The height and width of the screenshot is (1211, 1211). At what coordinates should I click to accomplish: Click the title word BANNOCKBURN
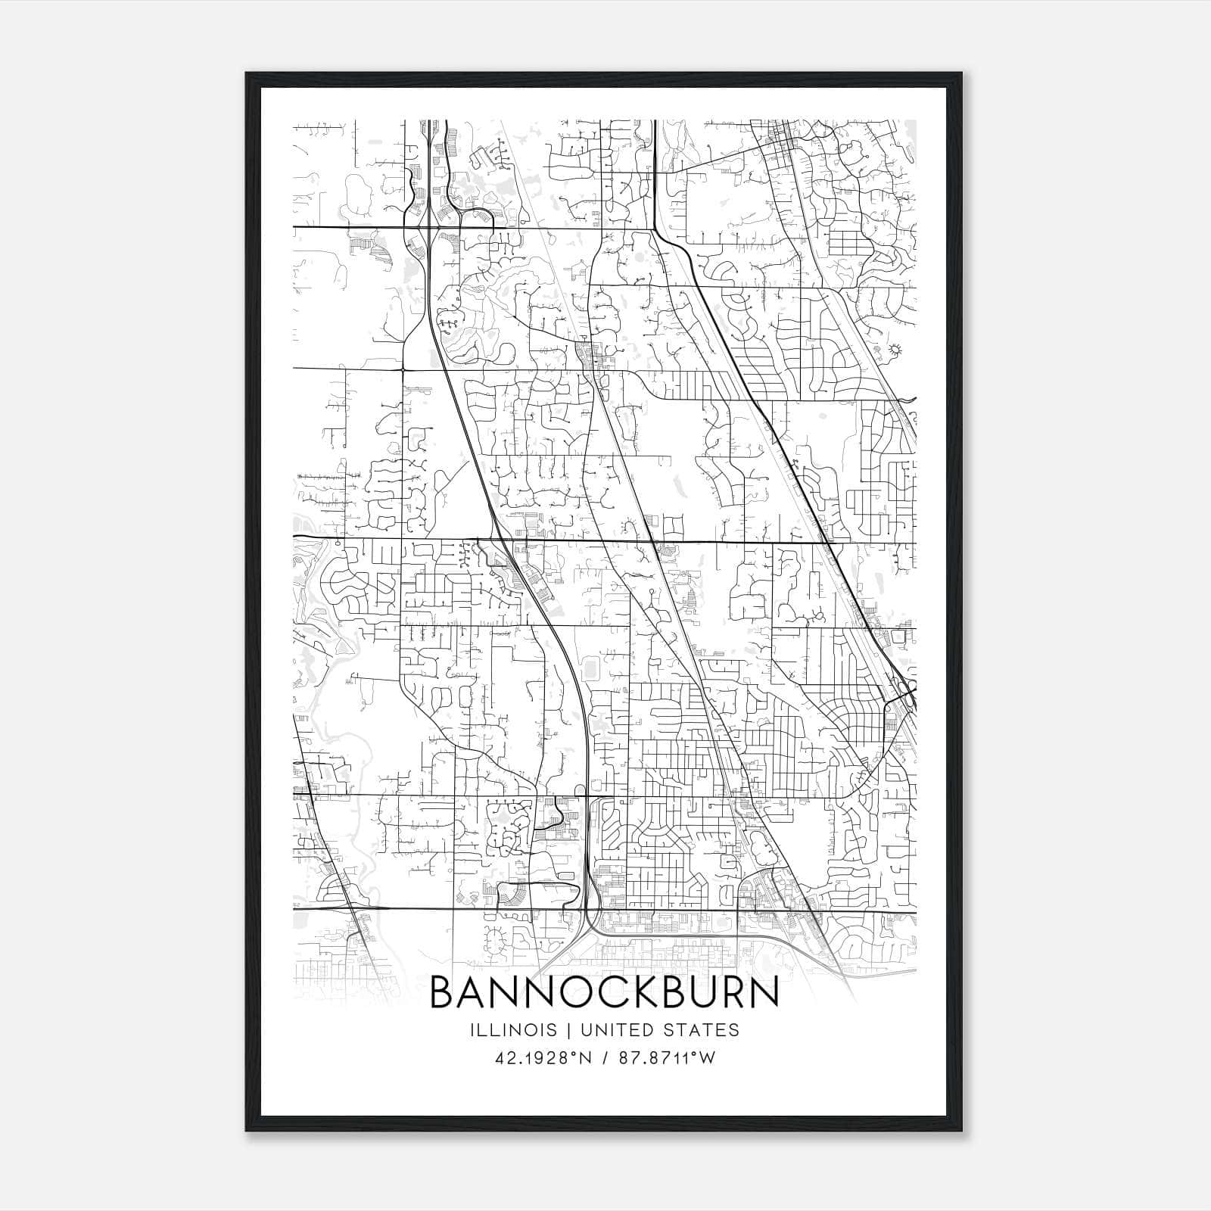605,993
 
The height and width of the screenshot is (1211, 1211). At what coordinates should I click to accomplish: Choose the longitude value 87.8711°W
666,1058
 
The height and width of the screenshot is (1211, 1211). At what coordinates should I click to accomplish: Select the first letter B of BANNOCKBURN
444,993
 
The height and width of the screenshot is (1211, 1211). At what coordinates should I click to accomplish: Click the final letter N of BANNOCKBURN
764,993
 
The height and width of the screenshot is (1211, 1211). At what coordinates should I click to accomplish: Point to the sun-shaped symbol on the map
897,349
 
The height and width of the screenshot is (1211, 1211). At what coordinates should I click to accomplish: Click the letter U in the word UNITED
582,1030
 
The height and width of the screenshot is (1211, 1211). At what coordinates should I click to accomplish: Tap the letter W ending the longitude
707,1058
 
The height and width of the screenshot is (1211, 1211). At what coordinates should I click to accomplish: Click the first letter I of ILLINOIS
472,1030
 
